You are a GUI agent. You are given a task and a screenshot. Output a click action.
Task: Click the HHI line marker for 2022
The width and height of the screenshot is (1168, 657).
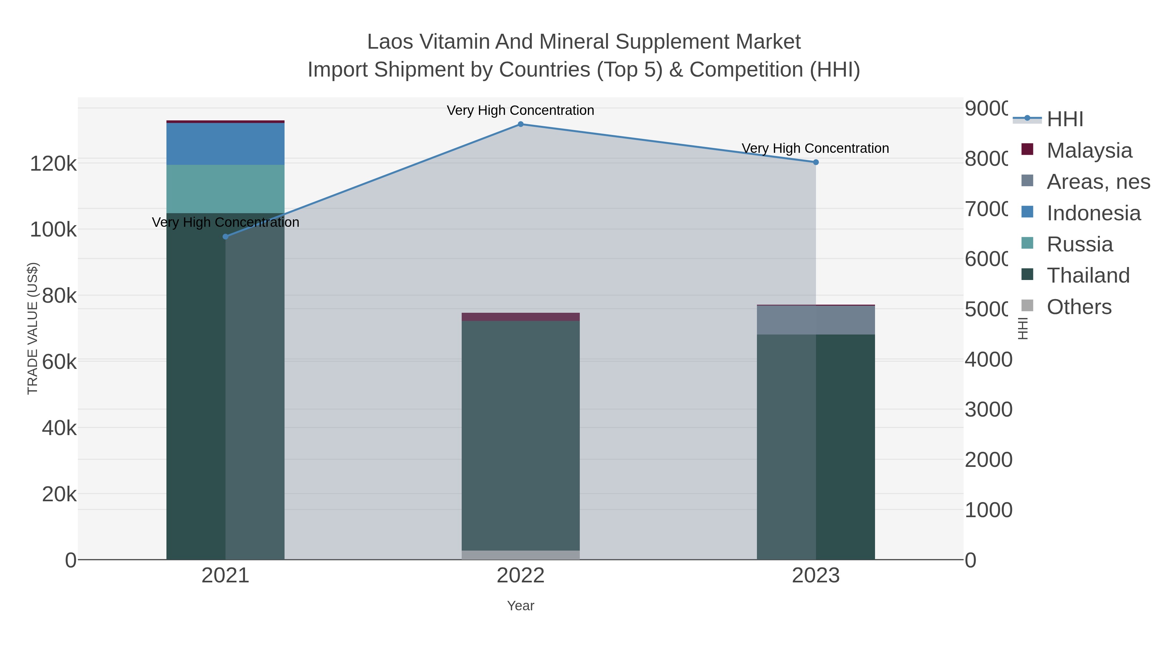(x=520, y=124)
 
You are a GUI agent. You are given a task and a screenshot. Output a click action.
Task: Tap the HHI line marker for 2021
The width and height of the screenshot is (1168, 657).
(x=225, y=237)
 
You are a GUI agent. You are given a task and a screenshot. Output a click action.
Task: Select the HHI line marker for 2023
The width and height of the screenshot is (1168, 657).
(x=816, y=162)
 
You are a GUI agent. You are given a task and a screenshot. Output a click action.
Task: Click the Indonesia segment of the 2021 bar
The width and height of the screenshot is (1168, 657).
(x=225, y=144)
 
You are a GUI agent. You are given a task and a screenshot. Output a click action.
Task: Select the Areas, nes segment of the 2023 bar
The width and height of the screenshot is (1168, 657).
(x=816, y=320)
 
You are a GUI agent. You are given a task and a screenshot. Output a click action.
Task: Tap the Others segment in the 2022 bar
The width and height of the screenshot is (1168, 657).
(x=520, y=555)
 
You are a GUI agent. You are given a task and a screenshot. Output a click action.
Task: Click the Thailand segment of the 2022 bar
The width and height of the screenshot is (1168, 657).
(x=520, y=435)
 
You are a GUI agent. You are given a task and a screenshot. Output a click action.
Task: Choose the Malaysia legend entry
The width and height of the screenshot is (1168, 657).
(x=1089, y=151)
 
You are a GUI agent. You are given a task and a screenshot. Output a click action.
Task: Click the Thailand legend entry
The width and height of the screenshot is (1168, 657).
(x=1088, y=276)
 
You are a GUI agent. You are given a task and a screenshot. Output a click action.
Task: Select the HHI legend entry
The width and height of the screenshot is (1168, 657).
(x=1065, y=119)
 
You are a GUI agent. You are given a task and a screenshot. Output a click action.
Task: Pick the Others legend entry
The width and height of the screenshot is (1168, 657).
(x=1079, y=307)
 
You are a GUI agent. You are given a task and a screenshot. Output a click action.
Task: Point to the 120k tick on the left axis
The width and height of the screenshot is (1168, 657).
(x=53, y=164)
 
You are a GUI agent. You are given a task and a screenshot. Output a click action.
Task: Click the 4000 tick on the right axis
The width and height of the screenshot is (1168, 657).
(x=988, y=359)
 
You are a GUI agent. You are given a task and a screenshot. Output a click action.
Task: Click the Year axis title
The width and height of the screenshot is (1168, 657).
(x=520, y=606)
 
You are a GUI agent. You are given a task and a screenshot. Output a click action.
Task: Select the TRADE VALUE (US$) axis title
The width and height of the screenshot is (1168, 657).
(x=33, y=328)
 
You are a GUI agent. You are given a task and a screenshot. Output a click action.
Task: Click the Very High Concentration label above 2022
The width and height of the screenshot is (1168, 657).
(x=520, y=110)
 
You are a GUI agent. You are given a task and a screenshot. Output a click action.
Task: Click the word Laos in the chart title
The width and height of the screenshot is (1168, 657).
(x=389, y=42)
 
